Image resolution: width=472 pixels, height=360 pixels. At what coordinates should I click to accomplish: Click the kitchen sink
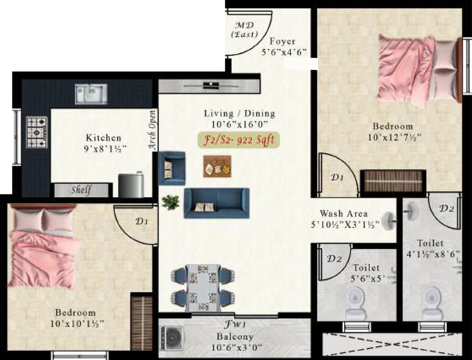click(x=91, y=94)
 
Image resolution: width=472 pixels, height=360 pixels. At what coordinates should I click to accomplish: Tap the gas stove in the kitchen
click(x=37, y=132)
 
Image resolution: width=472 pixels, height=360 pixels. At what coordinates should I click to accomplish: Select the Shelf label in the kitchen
click(x=81, y=190)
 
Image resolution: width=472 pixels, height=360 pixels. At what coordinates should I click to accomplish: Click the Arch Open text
click(x=153, y=130)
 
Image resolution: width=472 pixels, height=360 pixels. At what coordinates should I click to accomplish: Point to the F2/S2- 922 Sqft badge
click(x=239, y=140)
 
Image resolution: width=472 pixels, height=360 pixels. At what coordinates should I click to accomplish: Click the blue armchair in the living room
click(x=171, y=168)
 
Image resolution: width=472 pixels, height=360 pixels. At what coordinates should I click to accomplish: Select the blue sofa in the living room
click(x=217, y=203)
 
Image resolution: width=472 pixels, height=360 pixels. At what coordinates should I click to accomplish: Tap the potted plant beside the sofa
click(x=171, y=202)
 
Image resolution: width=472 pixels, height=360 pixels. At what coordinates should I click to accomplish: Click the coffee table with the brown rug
click(x=218, y=166)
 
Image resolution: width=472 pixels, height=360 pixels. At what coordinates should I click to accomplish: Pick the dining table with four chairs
click(x=203, y=288)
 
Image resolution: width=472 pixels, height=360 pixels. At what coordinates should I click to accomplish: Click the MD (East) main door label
click(x=245, y=30)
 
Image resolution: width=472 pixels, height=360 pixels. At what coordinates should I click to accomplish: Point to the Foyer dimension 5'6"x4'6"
click(x=284, y=52)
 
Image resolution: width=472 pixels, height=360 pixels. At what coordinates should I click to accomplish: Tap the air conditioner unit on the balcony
click(x=171, y=338)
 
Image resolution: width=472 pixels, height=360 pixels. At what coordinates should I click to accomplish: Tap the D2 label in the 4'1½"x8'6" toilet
click(x=447, y=208)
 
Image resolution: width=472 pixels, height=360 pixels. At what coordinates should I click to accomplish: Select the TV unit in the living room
click(x=209, y=86)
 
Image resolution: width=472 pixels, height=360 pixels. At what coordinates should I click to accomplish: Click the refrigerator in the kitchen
click(x=131, y=185)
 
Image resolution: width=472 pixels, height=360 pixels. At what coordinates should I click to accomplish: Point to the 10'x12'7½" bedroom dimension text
click(x=395, y=137)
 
